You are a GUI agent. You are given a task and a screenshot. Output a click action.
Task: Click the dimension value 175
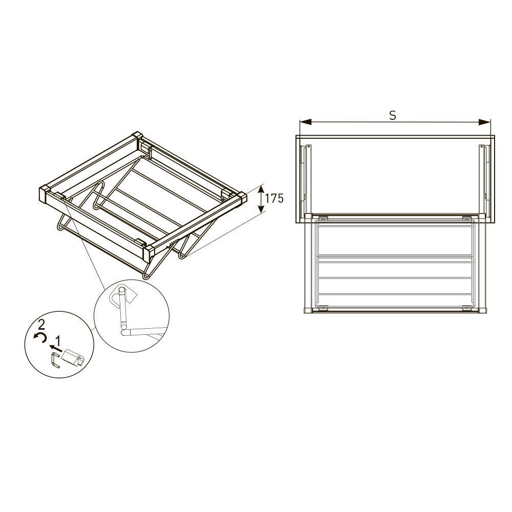274,198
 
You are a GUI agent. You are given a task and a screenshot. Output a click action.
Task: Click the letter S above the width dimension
393,115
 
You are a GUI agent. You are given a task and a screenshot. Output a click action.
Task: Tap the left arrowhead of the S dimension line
305,122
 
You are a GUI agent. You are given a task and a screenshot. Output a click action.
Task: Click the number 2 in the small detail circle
41,325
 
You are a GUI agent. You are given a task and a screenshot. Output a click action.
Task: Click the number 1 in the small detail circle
58,341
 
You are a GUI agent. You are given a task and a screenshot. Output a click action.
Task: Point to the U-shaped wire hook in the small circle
55,360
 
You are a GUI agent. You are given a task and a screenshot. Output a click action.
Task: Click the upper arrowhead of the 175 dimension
261,189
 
